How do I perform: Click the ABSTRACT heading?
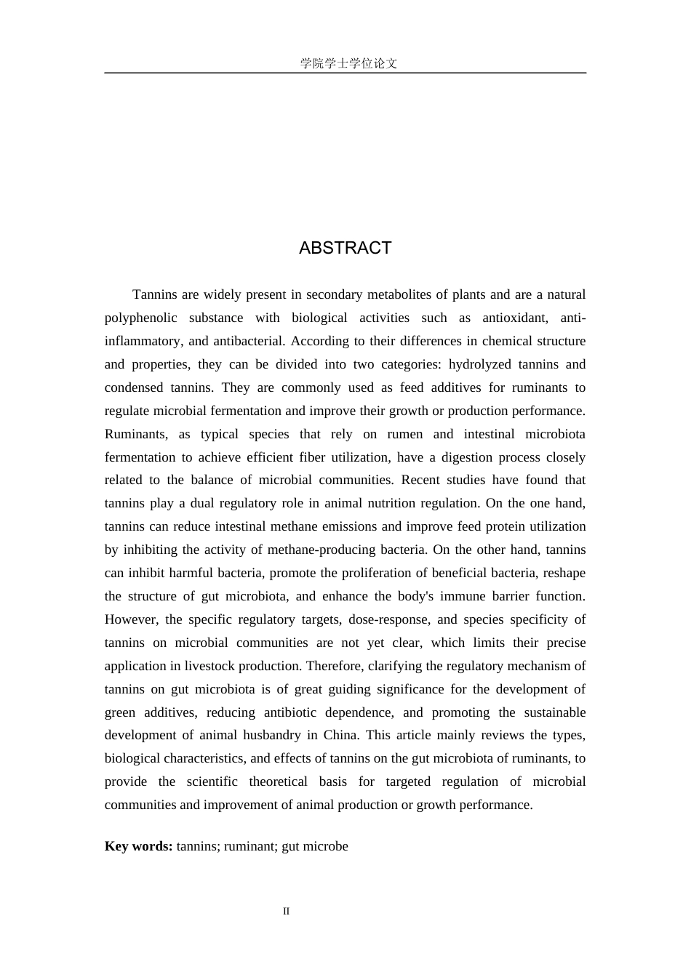tap(345, 248)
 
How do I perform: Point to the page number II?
tap(287, 911)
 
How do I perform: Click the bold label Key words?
tap(138, 846)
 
